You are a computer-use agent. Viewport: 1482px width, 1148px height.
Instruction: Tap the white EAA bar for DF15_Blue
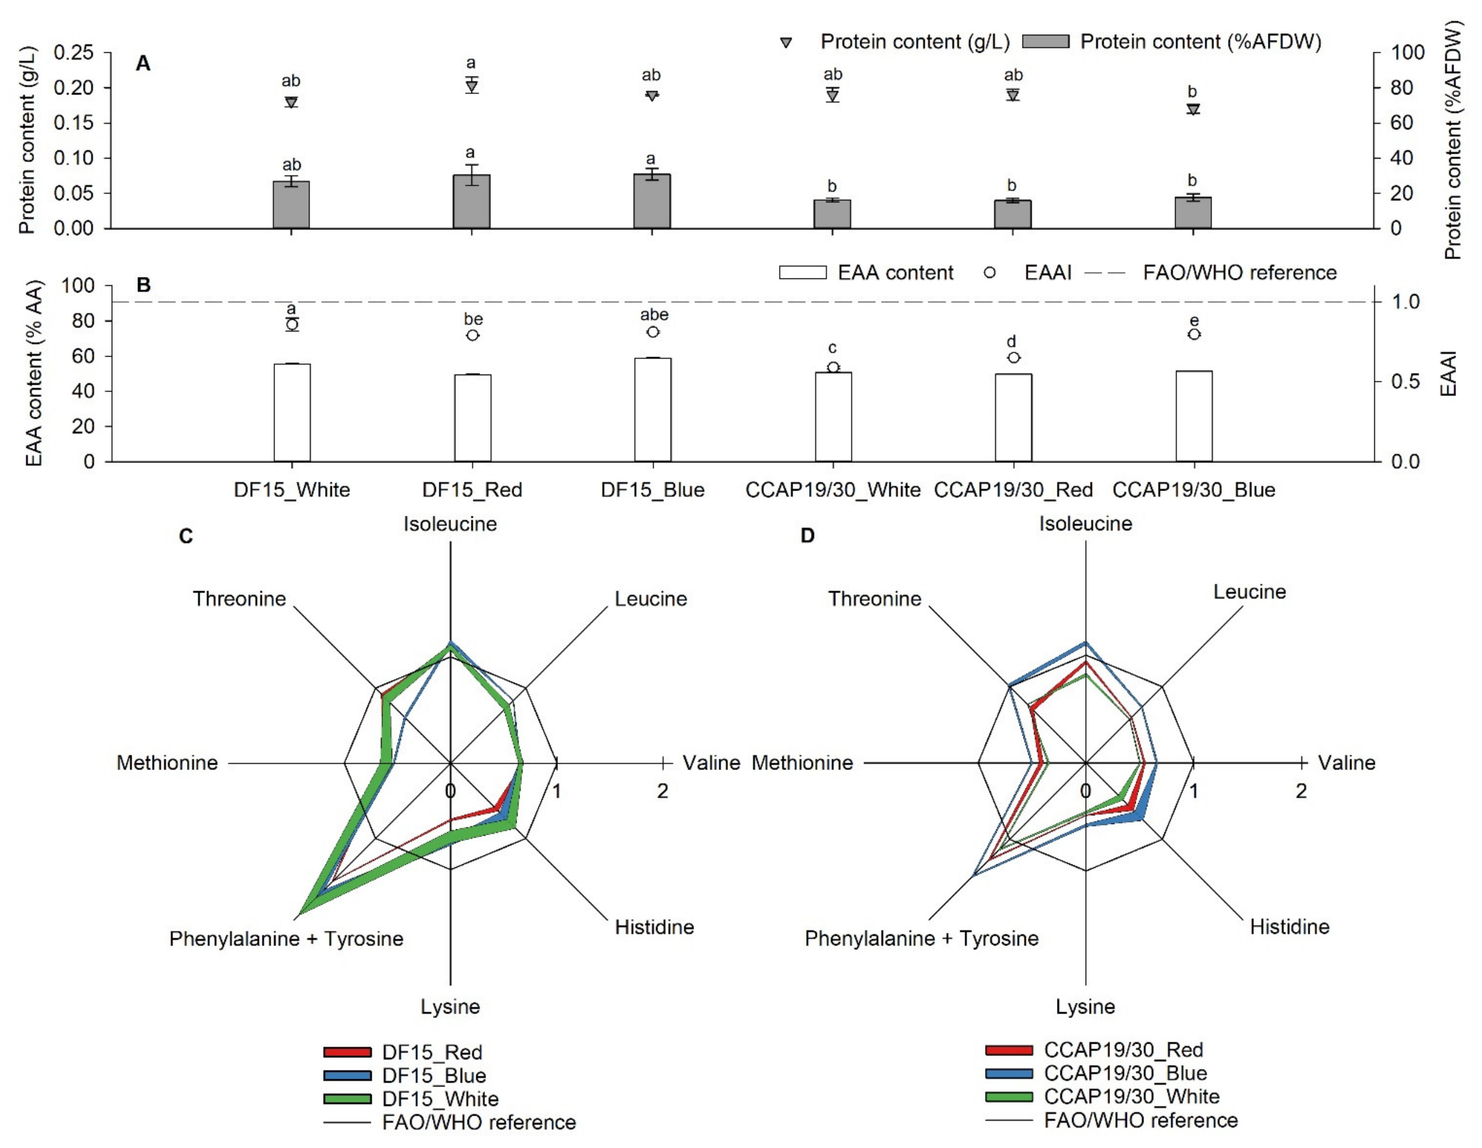653,410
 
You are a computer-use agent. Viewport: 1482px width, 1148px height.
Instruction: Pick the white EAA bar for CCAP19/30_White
833,417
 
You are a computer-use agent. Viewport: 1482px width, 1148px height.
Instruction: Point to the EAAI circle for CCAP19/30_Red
1013,358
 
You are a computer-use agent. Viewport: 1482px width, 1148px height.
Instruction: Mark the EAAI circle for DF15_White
292,324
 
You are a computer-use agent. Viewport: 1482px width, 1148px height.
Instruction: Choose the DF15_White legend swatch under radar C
347,1098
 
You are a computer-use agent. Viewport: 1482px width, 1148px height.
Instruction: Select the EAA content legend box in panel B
803,273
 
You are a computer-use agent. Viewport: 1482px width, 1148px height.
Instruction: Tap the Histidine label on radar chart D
1289,927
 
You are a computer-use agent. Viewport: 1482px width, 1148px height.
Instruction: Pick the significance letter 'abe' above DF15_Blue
654,315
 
